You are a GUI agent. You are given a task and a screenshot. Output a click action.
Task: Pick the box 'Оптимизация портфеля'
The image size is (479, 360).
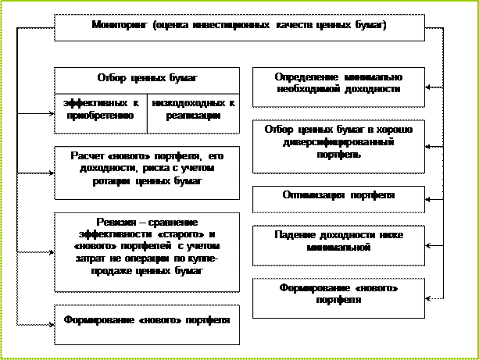(338, 194)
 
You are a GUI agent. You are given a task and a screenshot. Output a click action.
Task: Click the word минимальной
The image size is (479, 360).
(338, 247)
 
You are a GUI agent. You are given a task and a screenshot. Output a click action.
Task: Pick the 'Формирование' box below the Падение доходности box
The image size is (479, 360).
(338, 294)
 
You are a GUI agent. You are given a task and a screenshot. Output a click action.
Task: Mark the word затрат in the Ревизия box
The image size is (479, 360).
(72, 258)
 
